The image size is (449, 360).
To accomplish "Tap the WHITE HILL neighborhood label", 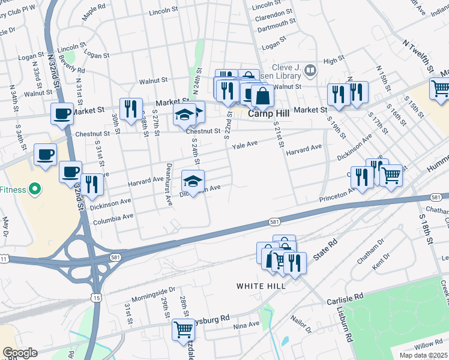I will tap(261, 286).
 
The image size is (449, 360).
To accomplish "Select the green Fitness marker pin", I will tap(35, 190).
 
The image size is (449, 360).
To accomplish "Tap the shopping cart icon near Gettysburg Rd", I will tap(183, 329).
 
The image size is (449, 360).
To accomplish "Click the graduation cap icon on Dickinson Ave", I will tap(193, 181).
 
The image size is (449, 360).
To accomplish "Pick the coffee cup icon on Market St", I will tap(62, 113).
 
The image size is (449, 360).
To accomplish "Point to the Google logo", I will tap(20, 353).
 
